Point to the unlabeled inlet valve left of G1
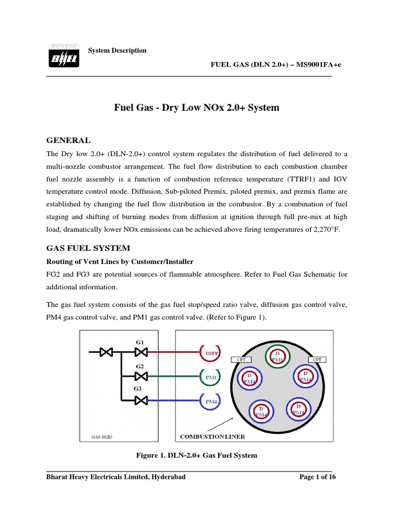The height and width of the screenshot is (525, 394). (x=107, y=352)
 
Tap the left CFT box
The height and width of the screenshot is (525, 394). (x=241, y=360)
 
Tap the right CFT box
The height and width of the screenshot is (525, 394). (x=317, y=360)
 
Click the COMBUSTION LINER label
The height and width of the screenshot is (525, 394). (x=212, y=437)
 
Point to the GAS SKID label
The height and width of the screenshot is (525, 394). (x=102, y=437)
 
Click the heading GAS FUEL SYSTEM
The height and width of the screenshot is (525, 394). (x=88, y=248)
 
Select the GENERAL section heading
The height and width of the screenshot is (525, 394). (x=69, y=140)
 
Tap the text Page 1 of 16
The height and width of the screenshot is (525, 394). (x=317, y=477)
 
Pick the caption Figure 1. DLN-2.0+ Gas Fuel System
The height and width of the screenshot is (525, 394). (x=196, y=455)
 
